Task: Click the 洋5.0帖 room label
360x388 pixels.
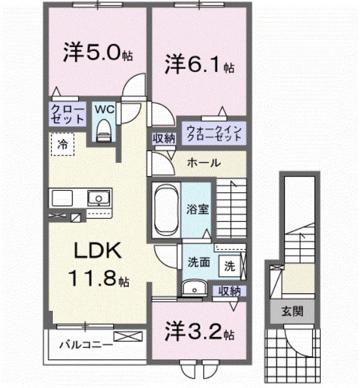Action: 98,53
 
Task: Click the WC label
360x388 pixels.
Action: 104,109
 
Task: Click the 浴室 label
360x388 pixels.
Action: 199,210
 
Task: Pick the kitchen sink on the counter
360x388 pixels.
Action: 97,199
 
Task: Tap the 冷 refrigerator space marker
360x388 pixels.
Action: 62,144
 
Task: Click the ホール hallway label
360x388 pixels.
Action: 203,163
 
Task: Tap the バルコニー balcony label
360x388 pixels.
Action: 86,344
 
